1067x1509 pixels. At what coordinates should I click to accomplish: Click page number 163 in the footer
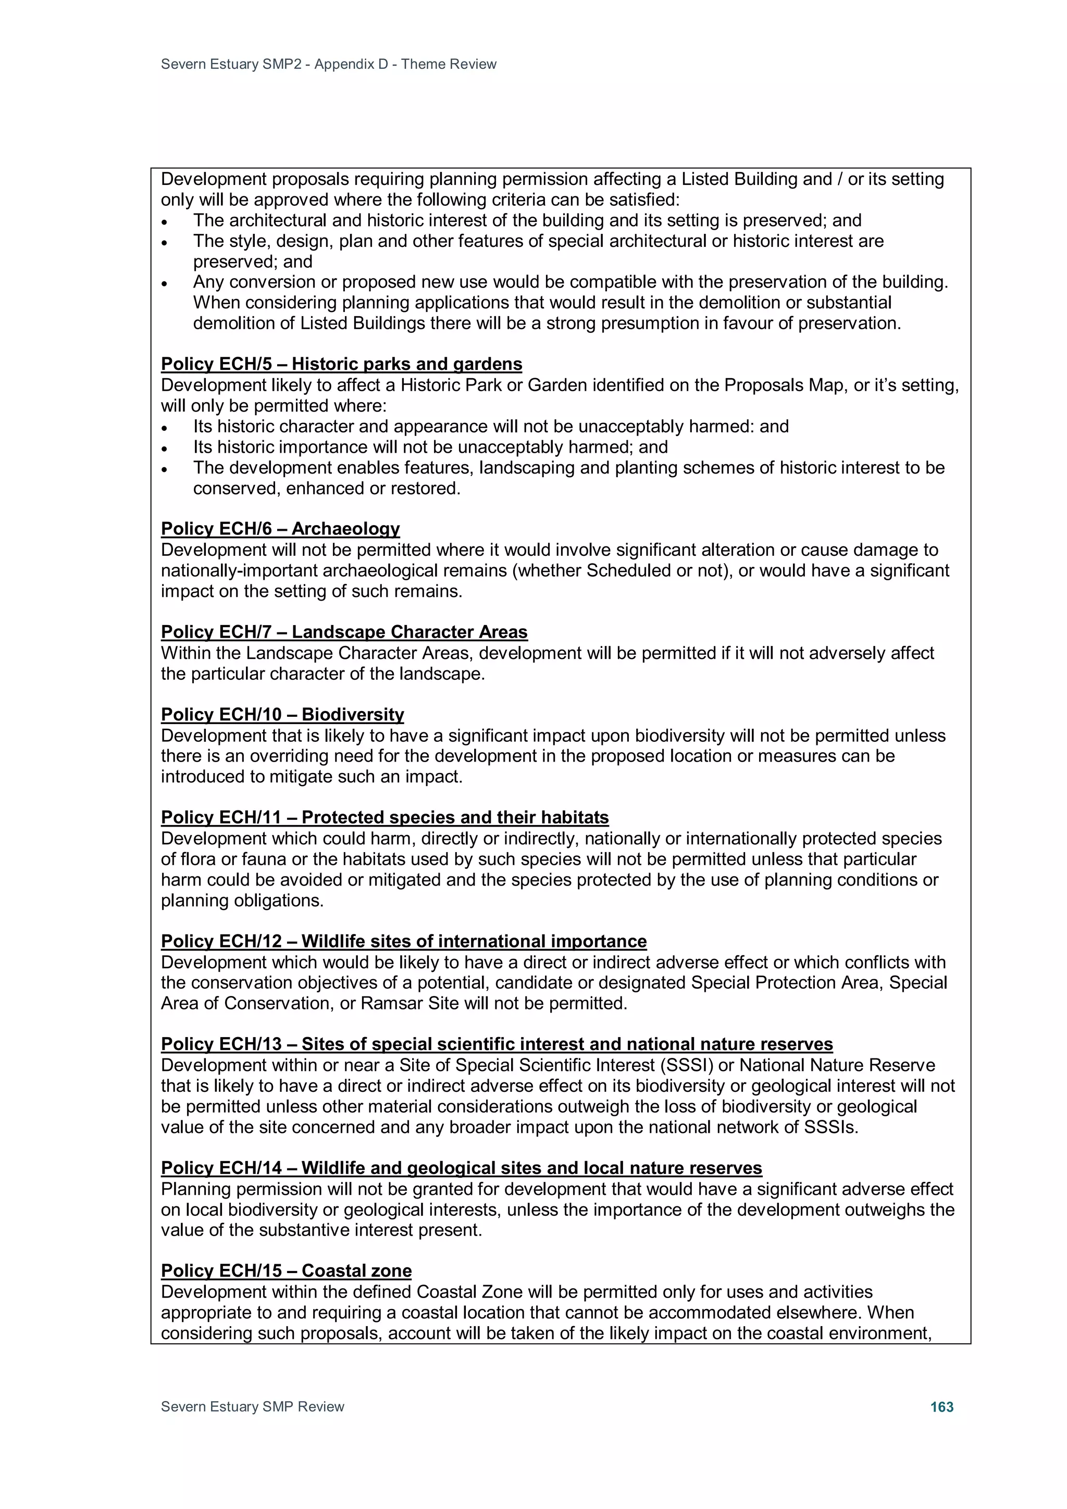click(x=941, y=1406)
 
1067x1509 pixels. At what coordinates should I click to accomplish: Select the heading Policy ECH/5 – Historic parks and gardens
click(x=341, y=364)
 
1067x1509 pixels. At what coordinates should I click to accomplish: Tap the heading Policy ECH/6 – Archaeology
click(x=280, y=529)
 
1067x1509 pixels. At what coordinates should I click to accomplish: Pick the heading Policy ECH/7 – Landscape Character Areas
click(x=344, y=632)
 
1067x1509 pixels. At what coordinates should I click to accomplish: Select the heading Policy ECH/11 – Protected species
click(x=384, y=818)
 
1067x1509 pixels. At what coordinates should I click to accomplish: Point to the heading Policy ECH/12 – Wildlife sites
click(x=404, y=941)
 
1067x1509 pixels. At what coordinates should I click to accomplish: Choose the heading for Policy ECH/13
click(x=497, y=1044)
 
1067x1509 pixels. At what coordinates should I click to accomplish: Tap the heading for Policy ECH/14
click(x=461, y=1168)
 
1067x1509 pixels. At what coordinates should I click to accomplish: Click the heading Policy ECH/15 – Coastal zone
click(x=286, y=1271)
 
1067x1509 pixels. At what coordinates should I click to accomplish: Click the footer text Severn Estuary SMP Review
click(x=253, y=1406)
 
